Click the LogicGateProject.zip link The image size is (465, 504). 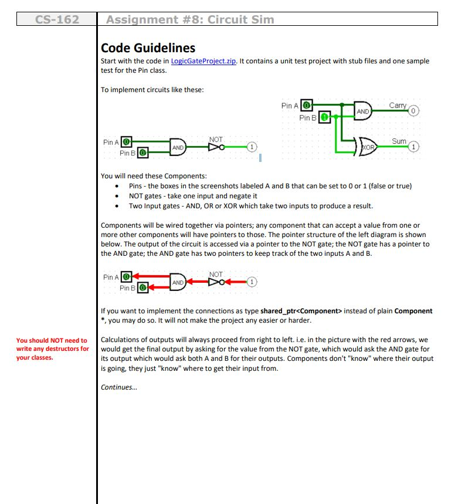click(202, 62)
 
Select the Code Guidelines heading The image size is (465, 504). click(148, 48)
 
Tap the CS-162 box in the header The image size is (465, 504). click(57, 19)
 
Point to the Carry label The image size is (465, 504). click(397, 106)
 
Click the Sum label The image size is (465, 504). click(399, 141)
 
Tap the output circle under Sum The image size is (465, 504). click(414, 146)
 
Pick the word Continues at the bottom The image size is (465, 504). click(117, 387)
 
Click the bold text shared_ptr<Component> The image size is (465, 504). click(296, 311)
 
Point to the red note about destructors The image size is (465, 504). click(52, 349)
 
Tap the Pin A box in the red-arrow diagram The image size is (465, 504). click(126, 278)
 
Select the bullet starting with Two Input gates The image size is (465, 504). click(250, 206)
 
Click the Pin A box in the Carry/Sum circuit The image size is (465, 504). click(305, 106)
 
